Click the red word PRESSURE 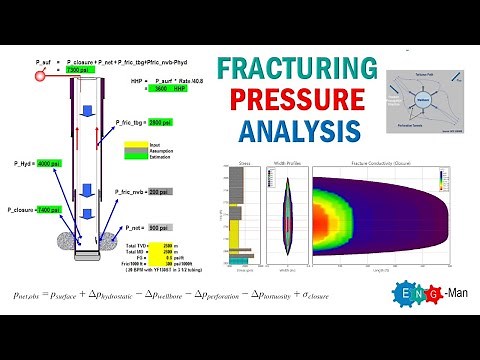click(x=298, y=100)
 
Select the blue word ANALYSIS click(x=298, y=130)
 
